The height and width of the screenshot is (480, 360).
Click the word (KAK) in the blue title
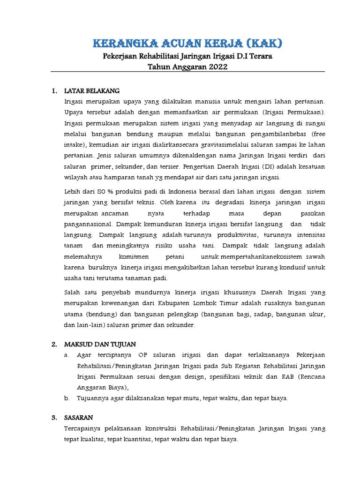pyautogui.click(x=262, y=44)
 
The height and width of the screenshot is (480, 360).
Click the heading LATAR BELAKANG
pyautogui.click(x=92, y=90)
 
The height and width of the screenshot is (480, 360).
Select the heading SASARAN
pyautogui.click(x=79, y=417)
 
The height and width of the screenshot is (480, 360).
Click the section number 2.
pyautogui.click(x=54, y=344)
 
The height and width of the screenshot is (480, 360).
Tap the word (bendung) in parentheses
pyautogui.click(x=101, y=314)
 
